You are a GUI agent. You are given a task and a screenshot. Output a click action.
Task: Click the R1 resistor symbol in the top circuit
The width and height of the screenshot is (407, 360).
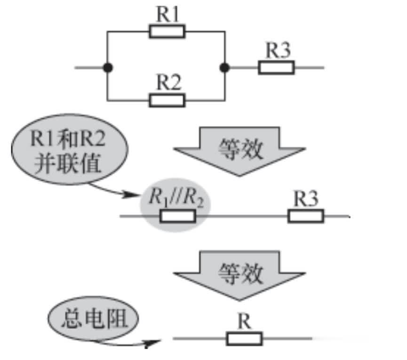(167, 32)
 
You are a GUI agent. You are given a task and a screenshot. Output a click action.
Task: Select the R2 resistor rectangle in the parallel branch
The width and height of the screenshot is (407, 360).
(167, 100)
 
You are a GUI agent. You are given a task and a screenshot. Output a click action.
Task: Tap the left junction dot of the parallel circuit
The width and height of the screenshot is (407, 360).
(108, 67)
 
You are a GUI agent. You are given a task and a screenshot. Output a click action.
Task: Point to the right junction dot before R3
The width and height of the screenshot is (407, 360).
(225, 67)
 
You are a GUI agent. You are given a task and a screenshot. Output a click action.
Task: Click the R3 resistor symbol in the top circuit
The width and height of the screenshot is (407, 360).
(276, 67)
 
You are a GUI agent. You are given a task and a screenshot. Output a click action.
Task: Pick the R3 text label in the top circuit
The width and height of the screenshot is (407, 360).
(278, 51)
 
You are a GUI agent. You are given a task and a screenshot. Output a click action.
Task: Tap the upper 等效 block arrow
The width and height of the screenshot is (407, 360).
(239, 150)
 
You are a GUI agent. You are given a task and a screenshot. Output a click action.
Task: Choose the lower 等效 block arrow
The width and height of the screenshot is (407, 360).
(239, 273)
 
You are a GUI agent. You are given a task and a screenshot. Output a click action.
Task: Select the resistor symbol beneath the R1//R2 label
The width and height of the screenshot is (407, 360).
(178, 216)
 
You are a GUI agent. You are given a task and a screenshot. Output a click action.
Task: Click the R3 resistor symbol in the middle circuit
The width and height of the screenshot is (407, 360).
(306, 216)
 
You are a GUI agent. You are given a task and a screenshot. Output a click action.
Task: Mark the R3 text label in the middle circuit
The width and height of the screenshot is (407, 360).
(306, 199)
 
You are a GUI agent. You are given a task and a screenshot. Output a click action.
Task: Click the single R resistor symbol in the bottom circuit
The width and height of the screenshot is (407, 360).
(244, 338)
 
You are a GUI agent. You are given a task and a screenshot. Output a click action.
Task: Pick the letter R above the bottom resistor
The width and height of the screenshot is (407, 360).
(244, 322)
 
